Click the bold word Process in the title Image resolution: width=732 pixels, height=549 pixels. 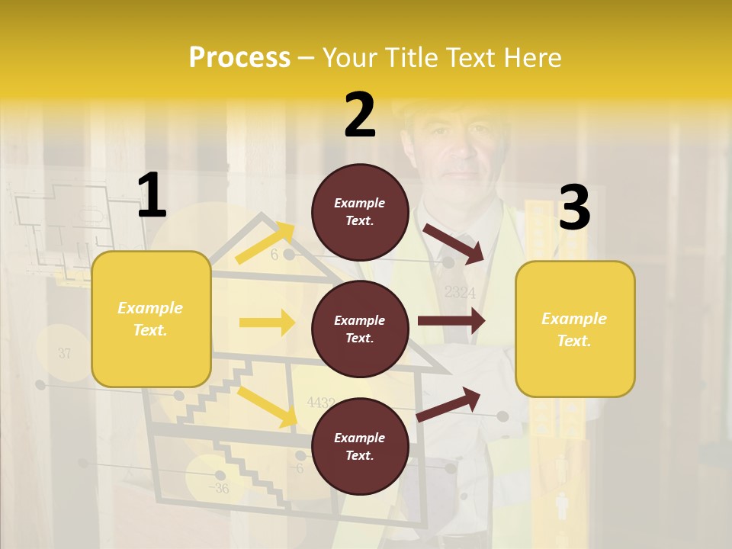click(x=239, y=58)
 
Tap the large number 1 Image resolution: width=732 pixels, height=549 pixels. click(x=152, y=196)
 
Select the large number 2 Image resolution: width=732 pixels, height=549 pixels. click(x=360, y=115)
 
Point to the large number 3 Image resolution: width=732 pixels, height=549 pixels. click(x=574, y=208)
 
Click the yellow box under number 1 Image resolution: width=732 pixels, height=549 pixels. click(x=151, y=319)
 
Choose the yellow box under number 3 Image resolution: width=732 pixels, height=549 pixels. click(x=575, y=329)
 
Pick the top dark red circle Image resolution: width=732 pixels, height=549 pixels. click(x=360, y=212)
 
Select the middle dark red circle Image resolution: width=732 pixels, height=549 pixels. click(x=360, y=329)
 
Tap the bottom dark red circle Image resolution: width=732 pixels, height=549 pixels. click(x=360, y=446)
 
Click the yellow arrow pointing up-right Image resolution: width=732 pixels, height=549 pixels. click(x=265, y=243)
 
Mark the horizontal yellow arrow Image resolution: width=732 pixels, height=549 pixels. click(x=267, y=323)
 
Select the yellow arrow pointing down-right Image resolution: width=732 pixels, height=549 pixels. click(x=267, y=406)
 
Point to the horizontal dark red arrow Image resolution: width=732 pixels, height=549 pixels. click(x=451, y=321)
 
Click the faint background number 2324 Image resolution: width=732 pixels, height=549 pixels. click(x=459, y=292)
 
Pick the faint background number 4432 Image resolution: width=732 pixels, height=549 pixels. click(x=320, y=402)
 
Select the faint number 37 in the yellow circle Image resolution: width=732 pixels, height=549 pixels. click(x=64, y=353)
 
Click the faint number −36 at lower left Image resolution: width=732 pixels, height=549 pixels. click(x=219, y=488)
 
